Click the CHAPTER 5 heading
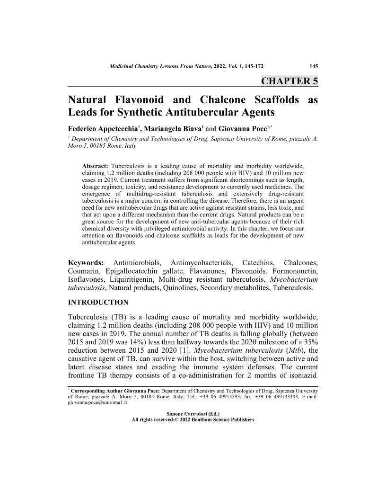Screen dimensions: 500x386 [x=289, y=81]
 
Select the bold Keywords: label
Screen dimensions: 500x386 [x=86, y=262]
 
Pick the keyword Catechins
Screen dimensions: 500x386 [x=256, y=262]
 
